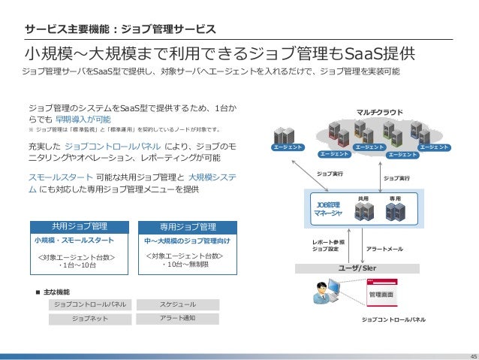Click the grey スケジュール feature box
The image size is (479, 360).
pos(178,305)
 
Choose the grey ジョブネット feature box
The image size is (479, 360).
pos(89,319)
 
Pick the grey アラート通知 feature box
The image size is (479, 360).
pos(178,319)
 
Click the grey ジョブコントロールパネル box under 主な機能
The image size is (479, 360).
pos(89,305)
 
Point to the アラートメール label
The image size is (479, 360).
pos(384,249)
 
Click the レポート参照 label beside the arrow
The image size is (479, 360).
pos(328,242)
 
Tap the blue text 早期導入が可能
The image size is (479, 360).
pos(83,119)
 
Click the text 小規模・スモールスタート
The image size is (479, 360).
pos(74,241)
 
